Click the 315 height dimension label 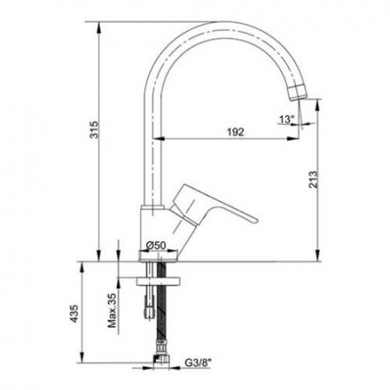click(x=94, y=130)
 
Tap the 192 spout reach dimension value click(x=236, y=132)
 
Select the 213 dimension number click(x=313, y=179)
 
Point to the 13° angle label click(x=287, y=119)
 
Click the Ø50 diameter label click(x=156, y=245)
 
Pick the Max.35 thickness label click(x=112, y=310)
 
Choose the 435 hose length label click(x=75, y=313)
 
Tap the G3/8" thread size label click(x=198, y=362)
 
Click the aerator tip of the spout click(x=297, y=93)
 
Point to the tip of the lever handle click(x=256, y=220)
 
